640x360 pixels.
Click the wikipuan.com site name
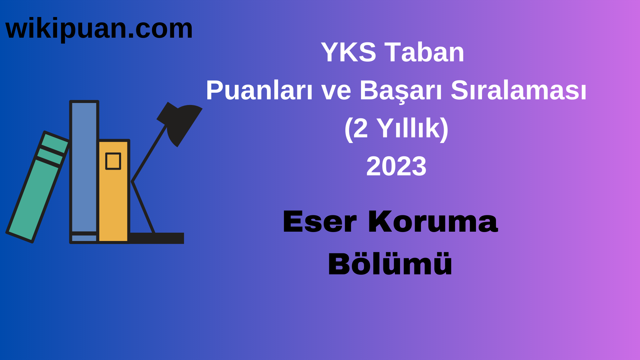click(x=99, y=29)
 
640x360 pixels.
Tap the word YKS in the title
click(x=348, y=52)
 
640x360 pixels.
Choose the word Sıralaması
click(x=518, y=90)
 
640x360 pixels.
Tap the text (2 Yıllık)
click(x=396, y=128)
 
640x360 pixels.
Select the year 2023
click(x=396, y=166)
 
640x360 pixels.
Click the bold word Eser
click(x=319, y=222)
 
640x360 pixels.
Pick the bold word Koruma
click(x=433, y=222)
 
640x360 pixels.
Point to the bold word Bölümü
click(x=390, y=264)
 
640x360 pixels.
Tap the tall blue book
click(x=84, y=167)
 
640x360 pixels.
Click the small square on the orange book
click(x=113, y=161)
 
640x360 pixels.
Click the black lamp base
click(x=157, y=238)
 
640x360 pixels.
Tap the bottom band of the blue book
click(x=84, y=238)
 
